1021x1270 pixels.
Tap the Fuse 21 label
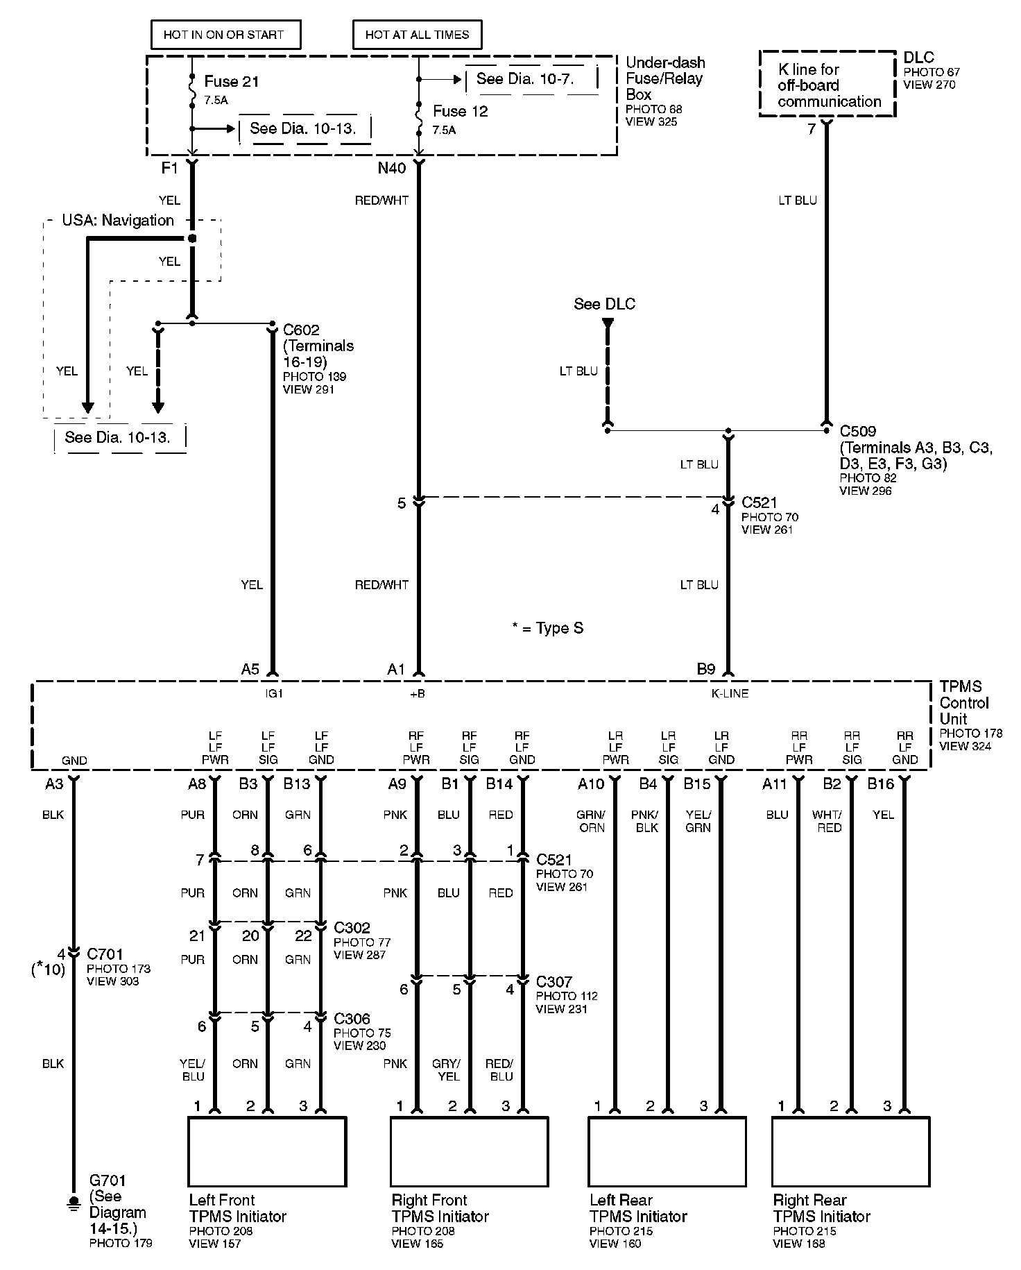pyautogui.click(x=232, y=81)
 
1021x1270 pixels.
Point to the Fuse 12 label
pyautogui.click(x=461, y=111)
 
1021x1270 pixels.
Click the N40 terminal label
pyautogui.click(x=392, y=169)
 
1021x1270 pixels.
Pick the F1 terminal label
pyautogui.click(x=171, y=169)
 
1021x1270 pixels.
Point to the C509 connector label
pyautogui.click(x=858, y=432)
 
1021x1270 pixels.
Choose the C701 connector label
pyautogui.click(x=106, y=954)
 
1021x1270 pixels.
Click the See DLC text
pyautogui.click(x=604, y=304)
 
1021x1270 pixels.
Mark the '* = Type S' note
pyautogui.click(x=548, y=629)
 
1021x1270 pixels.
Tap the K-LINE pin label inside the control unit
pyautogui.click(x=730, y=693)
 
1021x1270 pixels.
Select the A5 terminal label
pyautogui.click(x=250, y=669)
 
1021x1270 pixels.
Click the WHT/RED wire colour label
pyautogui.click(x=829, y=821)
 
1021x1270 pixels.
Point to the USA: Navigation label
pyautogui.click(x=118, y=221)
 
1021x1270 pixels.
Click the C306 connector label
pyautogui.click(x=352, y=1019)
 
